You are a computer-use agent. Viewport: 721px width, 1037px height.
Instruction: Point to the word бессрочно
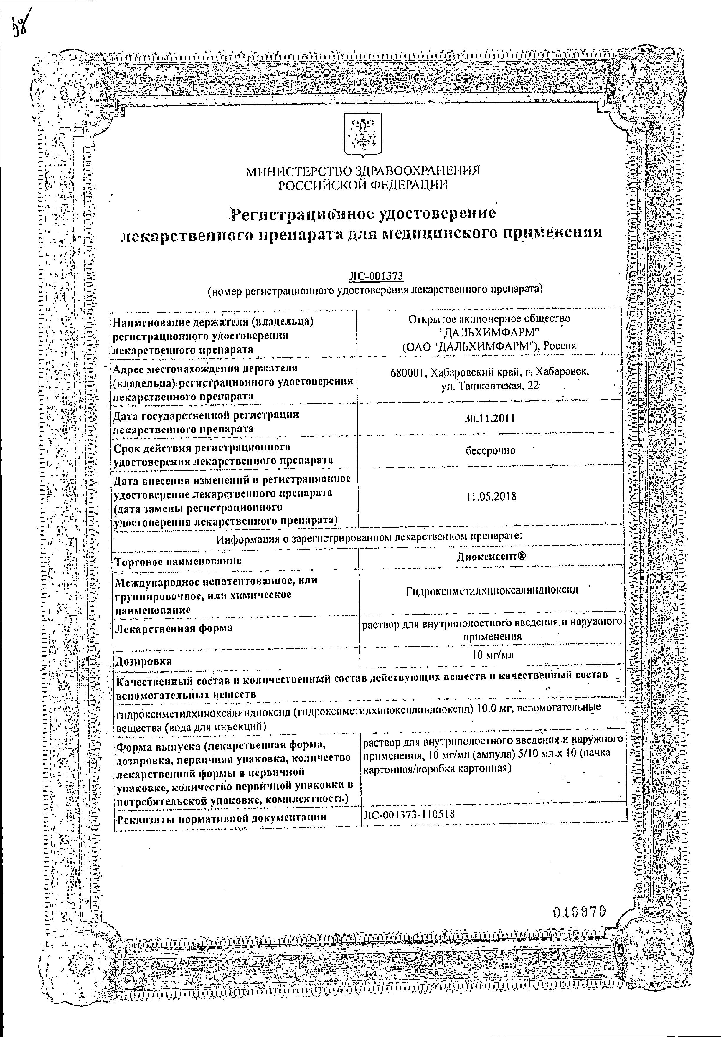(491, 451)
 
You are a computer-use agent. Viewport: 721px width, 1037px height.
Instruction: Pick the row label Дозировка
(144, 661)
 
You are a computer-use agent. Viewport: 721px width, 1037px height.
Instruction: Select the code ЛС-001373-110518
(409, 814)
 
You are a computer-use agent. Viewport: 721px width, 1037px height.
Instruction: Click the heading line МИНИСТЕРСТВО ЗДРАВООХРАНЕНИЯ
(363, 171)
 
